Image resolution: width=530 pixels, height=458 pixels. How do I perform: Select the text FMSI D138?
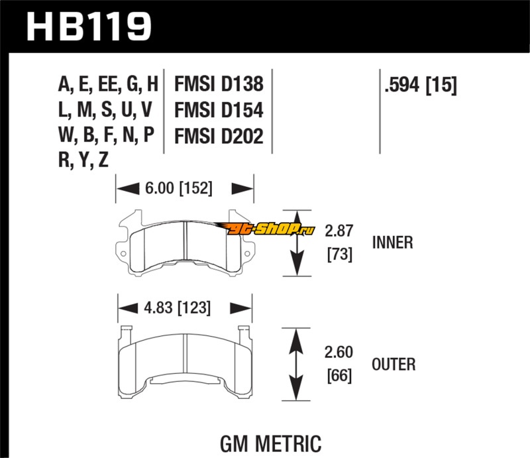click(x=219, y=84)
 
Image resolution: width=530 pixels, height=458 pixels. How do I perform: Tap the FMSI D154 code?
click(x=219, y=110)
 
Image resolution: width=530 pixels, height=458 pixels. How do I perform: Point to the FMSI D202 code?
click(x=219, y=137)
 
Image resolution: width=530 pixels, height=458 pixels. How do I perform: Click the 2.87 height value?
click(x=338, y=231)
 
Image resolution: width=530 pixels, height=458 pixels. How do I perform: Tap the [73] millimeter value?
click(x=338, y=254)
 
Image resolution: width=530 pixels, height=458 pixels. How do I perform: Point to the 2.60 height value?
click(x=338, y=353)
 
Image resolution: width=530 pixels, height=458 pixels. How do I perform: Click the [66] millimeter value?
click(x=338, y=376)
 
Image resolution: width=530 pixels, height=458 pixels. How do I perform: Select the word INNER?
click(x=392, y=243)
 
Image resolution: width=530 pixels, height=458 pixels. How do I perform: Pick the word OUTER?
click(x=394, y=364)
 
